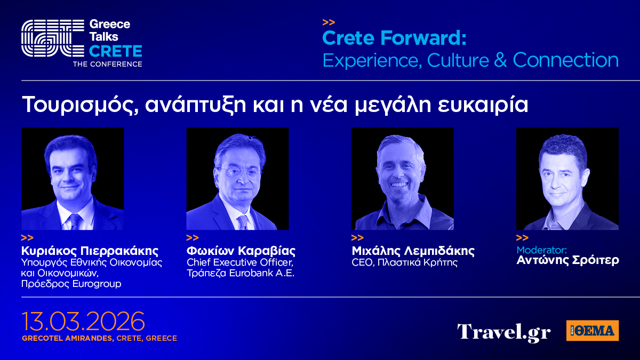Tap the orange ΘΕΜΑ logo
click(x=593, y=331)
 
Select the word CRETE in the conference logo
click(x=115, y=51)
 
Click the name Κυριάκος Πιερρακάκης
click(x=90, y=251)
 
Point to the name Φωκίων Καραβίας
click(x=241, y=251)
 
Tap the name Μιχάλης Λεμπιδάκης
click(x=413, y=251)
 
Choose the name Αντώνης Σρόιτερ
click(x=567, y=260)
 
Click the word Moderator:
click(x=542, y=250)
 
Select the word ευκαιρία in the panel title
click(x=482, y=105)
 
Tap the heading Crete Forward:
click(x=394, y=38)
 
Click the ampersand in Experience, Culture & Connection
click(x=500, y=60)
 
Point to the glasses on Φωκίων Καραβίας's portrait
click(x=239, y=172)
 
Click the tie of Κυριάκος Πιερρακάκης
click(x=75, y=221)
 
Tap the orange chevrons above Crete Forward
click(x=329, y=22)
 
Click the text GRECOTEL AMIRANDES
click(x=68, y=338)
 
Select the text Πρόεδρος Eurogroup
click(x=71, y=284)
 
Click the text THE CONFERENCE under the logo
click(x=107, y=65)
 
